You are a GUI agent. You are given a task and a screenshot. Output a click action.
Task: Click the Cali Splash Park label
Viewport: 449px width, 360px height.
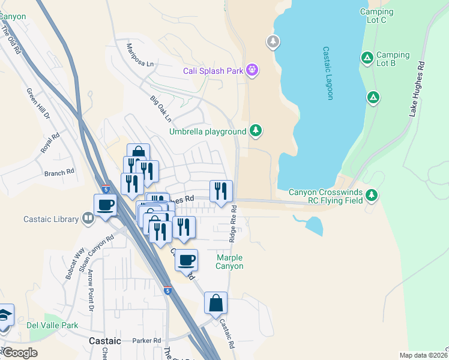[x=213, y=71]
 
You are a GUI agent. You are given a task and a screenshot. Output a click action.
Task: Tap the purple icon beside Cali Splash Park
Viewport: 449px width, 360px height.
[x=252, y=71]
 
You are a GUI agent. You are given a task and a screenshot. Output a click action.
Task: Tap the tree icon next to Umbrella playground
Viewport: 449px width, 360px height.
[x=256, y=130]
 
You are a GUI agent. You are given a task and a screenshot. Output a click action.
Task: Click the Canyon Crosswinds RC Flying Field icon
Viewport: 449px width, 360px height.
[x=372, y=194]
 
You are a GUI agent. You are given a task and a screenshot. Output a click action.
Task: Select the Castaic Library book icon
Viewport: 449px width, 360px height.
[x=88, y=219]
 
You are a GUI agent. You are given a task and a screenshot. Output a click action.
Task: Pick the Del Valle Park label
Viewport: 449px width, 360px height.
[x=53, y=325]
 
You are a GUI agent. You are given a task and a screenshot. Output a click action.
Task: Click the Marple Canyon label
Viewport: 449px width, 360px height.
[x=230, y=262]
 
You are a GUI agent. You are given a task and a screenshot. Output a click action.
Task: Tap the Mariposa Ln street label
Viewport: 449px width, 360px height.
[x=140, y=55]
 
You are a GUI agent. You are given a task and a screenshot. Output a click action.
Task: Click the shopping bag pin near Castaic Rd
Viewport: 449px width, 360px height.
[x=215, y=304]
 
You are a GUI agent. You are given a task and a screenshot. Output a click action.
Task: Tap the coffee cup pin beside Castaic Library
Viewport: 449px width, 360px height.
[x=106, y=205]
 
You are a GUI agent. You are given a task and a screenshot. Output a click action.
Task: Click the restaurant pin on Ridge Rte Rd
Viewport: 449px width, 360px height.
[x=220, y=191]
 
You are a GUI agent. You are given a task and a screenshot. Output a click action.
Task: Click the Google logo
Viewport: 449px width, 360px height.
[x=20, y=353]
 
